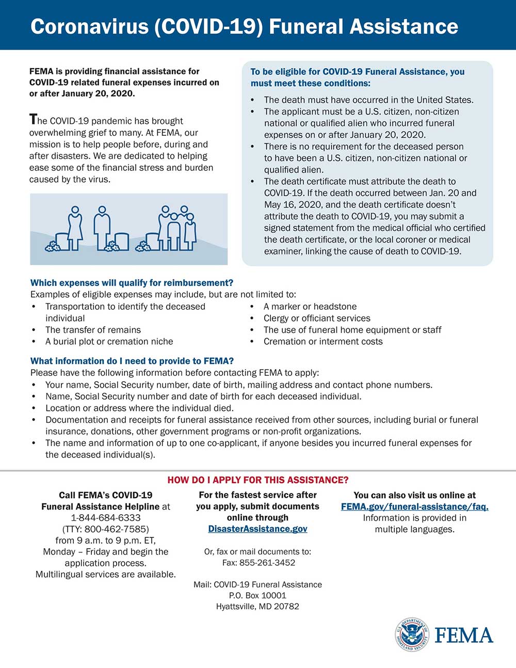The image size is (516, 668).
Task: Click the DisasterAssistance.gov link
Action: [257, 529]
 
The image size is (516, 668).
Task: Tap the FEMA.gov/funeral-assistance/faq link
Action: [414, 506]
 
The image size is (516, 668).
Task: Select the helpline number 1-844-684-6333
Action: [106, 517]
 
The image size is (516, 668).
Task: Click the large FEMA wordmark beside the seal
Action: [464, 635]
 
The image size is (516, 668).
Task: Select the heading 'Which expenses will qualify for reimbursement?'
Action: [132, 283]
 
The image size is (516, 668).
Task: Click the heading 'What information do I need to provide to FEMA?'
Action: [132, 361]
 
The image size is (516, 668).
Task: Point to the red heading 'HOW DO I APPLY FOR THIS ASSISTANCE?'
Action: [258, 480]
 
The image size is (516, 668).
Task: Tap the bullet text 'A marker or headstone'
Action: [310, 307]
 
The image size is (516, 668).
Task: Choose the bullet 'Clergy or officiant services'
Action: [317, 318]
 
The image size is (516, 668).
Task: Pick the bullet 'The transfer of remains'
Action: [93, 330]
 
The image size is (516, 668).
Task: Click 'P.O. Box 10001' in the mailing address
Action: [257, 595]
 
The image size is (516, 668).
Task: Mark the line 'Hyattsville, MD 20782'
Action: [257, 606]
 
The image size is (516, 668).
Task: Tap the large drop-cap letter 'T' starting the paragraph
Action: [34, 120]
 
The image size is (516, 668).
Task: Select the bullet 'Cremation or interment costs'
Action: [323, 341]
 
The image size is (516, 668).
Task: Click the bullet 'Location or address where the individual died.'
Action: [139, 408]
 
